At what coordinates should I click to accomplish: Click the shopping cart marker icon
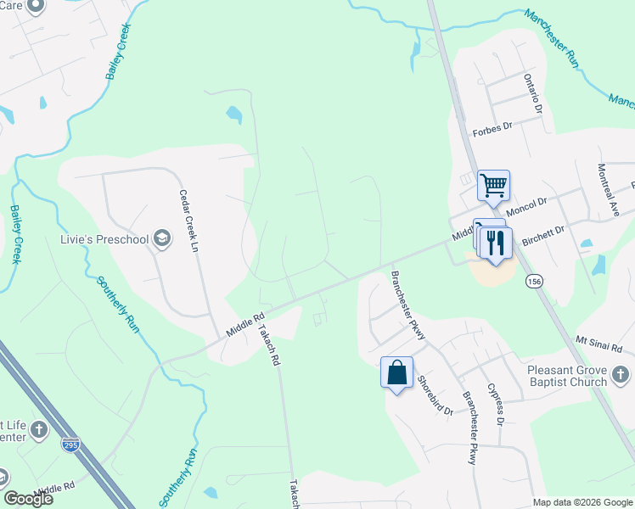[493, 183]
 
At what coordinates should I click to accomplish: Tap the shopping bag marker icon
[397, 372]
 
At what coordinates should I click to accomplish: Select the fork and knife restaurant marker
[497, 243]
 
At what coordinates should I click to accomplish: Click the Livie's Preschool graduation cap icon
[161, 240]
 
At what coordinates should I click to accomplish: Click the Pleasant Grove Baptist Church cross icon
[621, 375]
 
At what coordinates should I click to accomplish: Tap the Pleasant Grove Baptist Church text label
[566, 376]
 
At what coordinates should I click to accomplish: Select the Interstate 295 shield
[72, 444]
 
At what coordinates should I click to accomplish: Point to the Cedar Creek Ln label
[188, 219]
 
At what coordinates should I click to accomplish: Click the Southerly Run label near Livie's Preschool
[117, 303]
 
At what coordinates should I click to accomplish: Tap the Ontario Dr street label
[532, 93]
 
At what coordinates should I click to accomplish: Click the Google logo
[28, 499]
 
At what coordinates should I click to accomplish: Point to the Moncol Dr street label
[526, 204]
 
